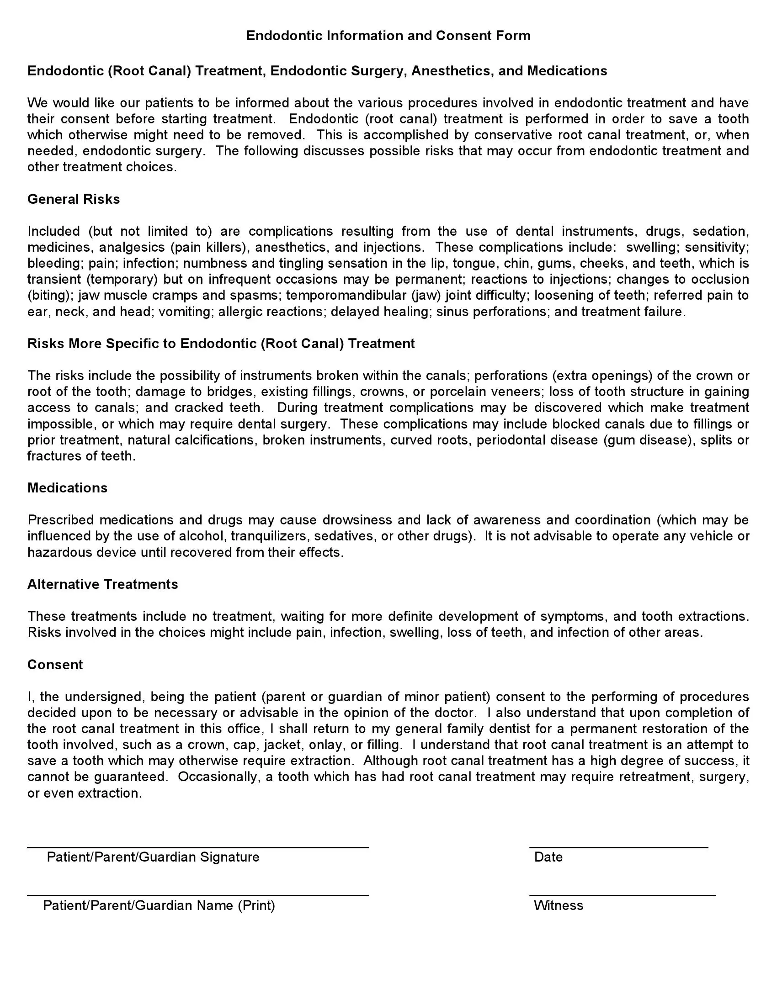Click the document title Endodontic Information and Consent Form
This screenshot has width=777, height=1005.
[388, 36]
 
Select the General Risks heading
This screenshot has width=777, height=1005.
[74, 199]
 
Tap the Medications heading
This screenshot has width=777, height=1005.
[67, 488]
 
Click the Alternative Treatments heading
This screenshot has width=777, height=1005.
[103, 584]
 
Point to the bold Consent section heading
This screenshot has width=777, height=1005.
[55, 665]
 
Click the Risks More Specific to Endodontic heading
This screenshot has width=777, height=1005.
[221, 344]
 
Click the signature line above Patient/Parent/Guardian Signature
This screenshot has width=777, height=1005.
[198, 847]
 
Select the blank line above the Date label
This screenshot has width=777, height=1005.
[618, 847]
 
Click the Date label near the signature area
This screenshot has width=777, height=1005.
[548, 857]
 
